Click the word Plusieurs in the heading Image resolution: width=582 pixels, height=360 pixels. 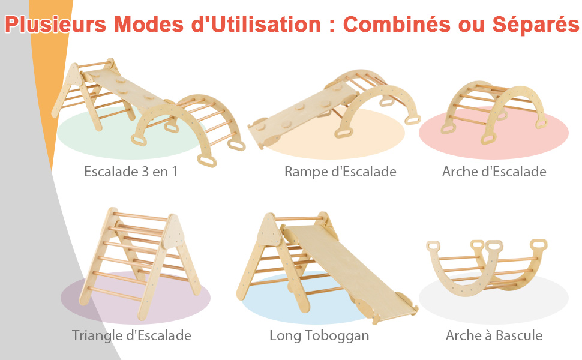[x=56, y=25]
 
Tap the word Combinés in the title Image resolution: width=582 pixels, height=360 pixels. [x=397, y=25]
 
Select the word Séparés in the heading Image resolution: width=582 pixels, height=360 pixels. [x=536, y=25]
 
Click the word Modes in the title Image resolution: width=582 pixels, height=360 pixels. [x=151, y=25]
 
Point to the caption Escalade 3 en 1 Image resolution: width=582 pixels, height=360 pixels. [x=131, y=172]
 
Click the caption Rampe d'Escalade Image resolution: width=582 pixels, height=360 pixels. [x=340, y=172]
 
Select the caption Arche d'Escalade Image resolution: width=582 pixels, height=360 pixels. [x=494, y=172]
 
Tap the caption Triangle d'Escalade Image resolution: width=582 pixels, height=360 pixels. [x=131, y=335]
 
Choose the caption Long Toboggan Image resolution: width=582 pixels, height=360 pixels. [x=319, y=335]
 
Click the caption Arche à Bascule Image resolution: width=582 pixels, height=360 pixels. [x=494, y=335]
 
